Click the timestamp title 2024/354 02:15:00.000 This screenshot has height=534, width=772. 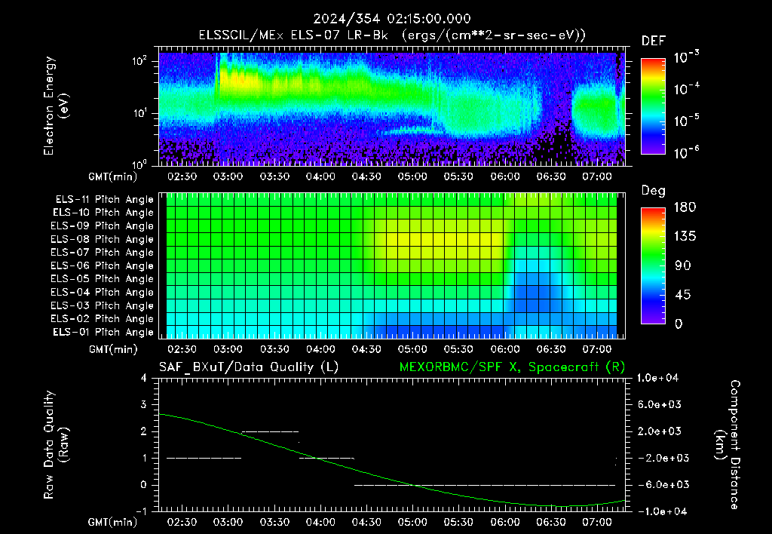(392, 19)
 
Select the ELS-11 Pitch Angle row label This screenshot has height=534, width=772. (104, 200)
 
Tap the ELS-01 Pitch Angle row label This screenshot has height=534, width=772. (103, 333)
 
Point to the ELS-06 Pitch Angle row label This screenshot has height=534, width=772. (103, 266)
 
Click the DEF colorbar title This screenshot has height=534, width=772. (654, 41)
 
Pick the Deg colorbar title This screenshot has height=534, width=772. (654, 191)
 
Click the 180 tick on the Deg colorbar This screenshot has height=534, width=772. (685, 207)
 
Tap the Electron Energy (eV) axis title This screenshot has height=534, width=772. (57, 106)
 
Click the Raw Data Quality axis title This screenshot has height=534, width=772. (57, 445)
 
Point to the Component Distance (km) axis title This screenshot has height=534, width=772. (728, 445)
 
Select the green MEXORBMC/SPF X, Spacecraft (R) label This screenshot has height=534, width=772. (512, 367)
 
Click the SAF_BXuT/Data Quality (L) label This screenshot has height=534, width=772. (249, 367)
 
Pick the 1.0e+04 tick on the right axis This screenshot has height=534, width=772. (657, 378)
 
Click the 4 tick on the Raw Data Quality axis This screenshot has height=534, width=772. (144, 378)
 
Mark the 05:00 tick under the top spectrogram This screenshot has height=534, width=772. (412, 176)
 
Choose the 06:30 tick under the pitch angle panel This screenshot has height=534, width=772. (551, 350)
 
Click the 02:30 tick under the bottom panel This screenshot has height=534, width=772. (182, 522)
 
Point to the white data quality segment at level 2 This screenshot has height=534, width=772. (270, 431)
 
